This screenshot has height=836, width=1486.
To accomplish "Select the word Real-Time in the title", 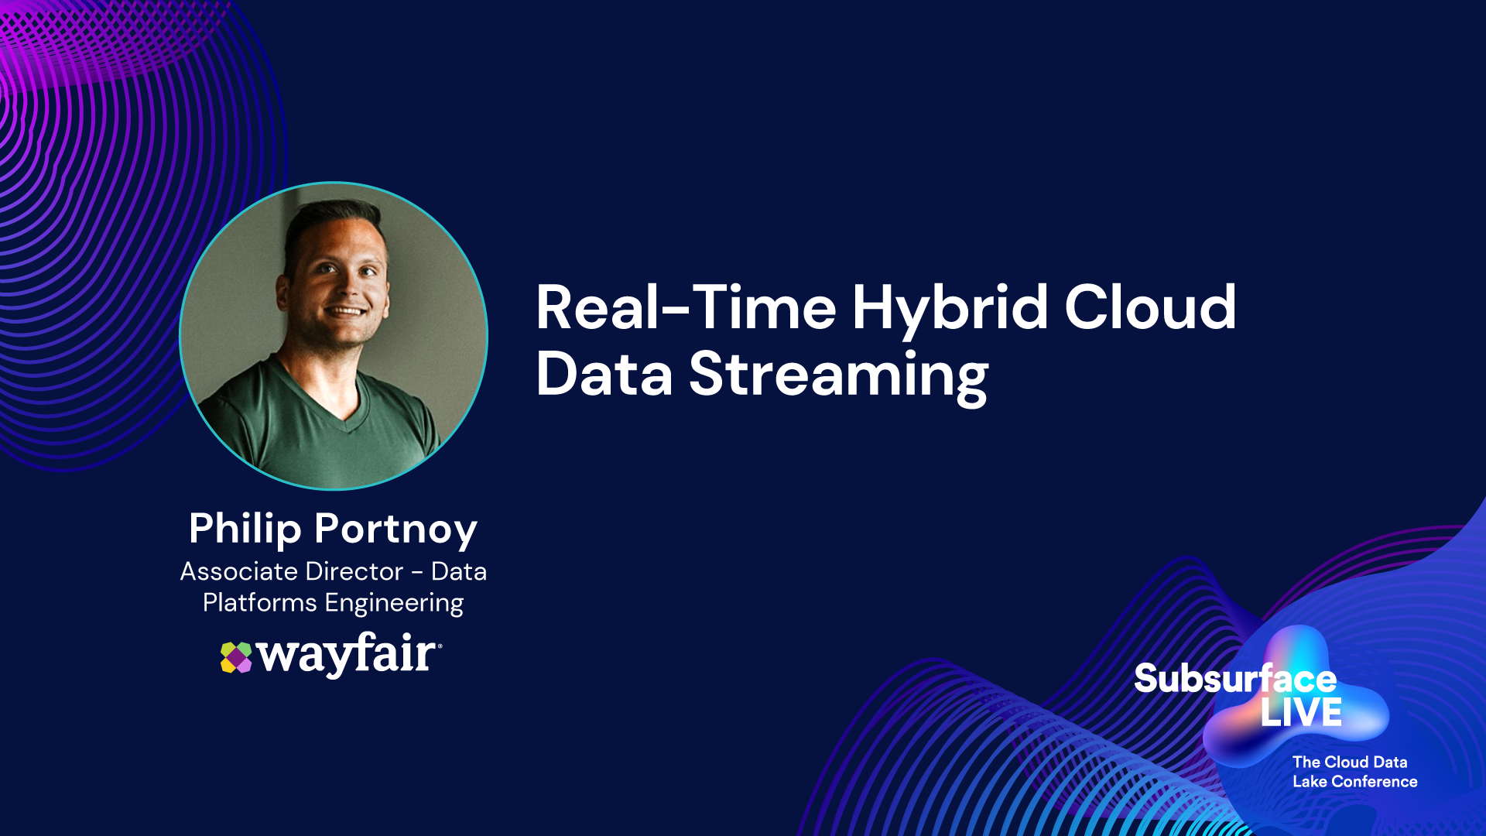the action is pos(686,307).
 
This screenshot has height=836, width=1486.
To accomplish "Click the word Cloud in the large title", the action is pos(1150,307).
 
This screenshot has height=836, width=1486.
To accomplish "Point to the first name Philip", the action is pos(245,530).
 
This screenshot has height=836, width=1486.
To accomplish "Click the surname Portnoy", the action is pos(396,532).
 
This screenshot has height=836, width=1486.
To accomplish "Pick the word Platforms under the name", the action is pos(259,602).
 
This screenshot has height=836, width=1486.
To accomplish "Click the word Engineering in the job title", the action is pos(394,604).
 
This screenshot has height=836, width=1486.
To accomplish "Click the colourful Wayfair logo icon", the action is pos(236,658).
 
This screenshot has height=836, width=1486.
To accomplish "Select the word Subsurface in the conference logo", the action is pos(1235,679).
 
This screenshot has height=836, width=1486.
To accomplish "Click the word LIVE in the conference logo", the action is pos(1301,713).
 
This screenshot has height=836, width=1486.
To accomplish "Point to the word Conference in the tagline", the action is pos(1375,782).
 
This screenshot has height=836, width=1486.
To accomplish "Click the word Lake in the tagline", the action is pos(1310,782).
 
